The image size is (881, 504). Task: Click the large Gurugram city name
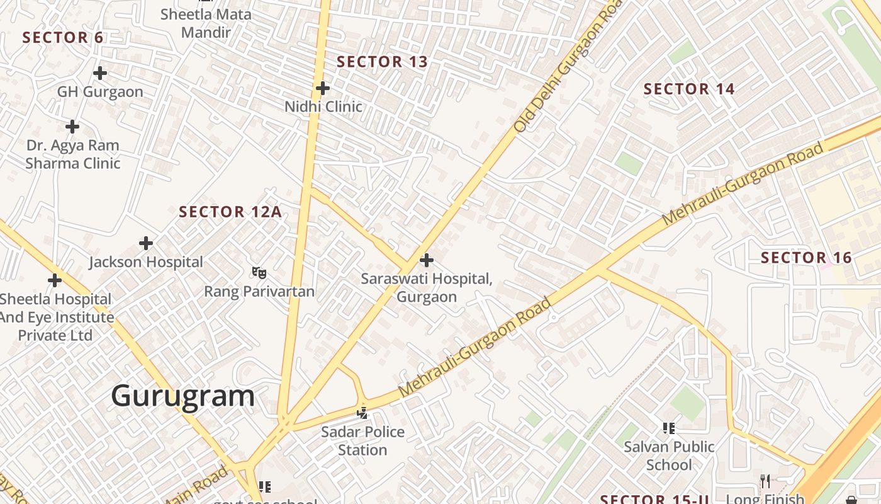coord(183,396)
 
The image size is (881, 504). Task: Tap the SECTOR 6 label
coord(63,37)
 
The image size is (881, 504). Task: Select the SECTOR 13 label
coord(382,62)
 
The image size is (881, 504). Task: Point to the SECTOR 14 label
coord(689,89)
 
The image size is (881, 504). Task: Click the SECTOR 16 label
coord(806,258)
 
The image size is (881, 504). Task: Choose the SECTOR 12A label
coord(230,212)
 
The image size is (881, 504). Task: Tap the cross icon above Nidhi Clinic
coord(323,88)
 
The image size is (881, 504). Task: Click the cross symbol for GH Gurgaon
coord(100,73)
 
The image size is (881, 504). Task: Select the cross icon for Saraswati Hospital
coord(427,260)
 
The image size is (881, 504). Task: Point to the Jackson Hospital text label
coord(146,262)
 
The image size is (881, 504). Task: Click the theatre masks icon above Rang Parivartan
coord(259,273)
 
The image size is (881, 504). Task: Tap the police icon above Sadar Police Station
coord(362,413)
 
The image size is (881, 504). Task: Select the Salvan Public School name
coord(669,455)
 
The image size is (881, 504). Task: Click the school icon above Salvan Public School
coord(669,428)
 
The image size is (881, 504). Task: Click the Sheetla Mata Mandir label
coord(206,23)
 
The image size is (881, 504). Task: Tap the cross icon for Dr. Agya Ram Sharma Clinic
coord(72,127)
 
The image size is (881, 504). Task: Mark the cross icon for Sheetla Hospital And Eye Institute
coord(55,280)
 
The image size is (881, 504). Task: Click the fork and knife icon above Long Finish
coord(765,481)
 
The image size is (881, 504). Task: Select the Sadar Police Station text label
coord(362,441)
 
